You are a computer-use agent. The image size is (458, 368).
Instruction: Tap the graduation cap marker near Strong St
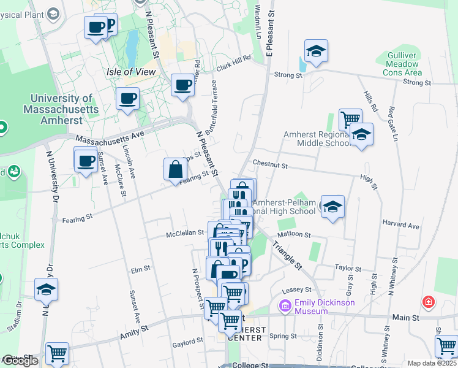click(316, 52)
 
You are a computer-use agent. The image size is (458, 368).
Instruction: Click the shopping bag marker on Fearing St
click(175, 170)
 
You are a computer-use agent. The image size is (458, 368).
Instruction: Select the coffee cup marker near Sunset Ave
click(86, 161)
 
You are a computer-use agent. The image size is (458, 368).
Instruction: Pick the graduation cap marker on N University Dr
click(46, 289)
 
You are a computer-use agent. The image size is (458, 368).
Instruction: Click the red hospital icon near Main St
click(429, 302)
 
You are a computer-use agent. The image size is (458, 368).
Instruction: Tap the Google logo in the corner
click(20, 361)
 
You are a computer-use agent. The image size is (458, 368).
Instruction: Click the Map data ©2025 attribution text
click(432, 363)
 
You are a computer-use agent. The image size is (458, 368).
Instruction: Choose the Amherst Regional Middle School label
click(315, 139)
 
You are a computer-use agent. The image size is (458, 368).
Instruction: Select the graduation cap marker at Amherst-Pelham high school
click(332, 207)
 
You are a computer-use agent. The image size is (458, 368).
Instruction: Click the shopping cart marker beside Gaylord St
click(230, 320)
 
